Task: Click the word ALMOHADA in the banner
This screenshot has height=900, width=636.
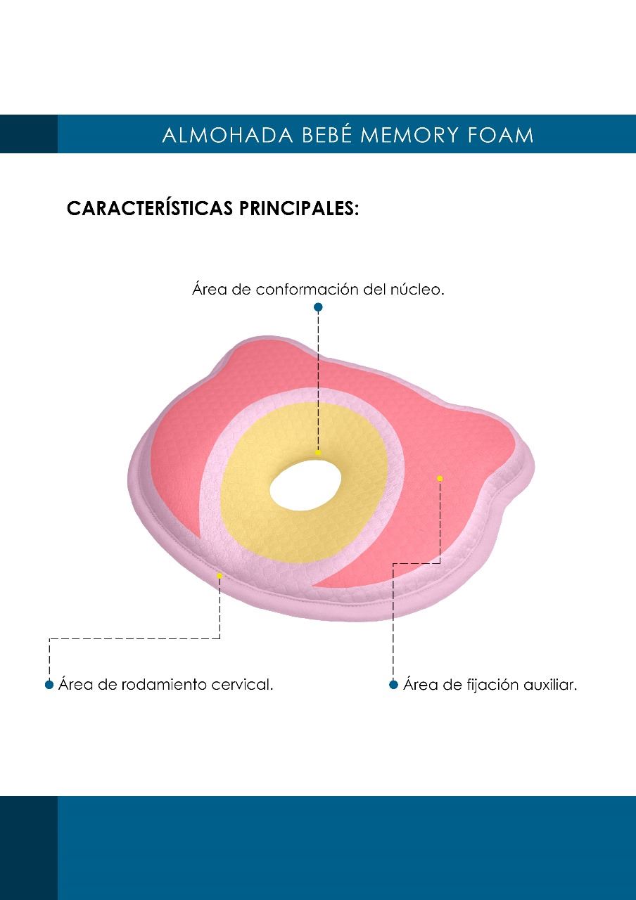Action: [227, 135]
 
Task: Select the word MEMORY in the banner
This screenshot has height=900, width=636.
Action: [409, 135]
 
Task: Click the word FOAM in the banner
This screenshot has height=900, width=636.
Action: [500, 135]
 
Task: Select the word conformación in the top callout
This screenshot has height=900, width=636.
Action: [307, 289]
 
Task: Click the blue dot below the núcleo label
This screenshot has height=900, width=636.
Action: [318, 307]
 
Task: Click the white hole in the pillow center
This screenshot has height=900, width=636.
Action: [305, 485]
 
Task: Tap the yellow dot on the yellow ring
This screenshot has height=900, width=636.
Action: [318, 452]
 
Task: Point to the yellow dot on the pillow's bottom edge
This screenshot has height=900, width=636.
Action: [220, 576]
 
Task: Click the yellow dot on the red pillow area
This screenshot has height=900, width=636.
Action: [440, 478]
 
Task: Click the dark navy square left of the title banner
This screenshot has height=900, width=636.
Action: [29, 134]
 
